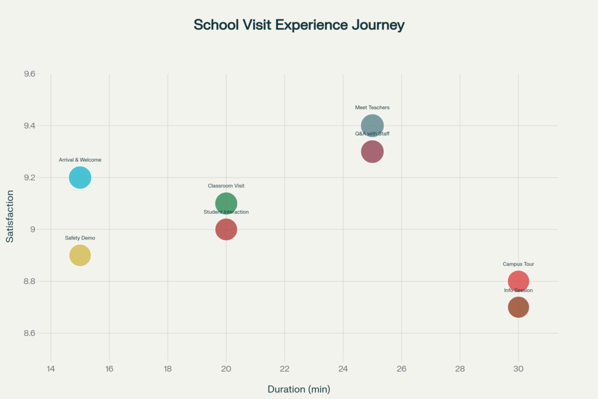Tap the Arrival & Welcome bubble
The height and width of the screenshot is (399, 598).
(x=80, y=178)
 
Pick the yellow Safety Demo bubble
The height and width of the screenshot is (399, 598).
(x=80, y=255)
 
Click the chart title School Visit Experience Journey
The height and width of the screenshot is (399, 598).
(x=299, y=25)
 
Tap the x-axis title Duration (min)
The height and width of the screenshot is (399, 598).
(x=299, y=389)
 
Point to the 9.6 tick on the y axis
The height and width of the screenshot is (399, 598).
(x=29, y=74)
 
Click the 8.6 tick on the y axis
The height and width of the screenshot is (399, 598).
(x=29, y=333)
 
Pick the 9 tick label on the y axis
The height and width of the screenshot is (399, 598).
(x=32, y=230)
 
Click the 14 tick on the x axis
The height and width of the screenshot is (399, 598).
(x=51, y=369)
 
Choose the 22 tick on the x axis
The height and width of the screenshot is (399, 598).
(x=284, y=369)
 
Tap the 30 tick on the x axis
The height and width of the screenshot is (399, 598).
(x=518, y=369)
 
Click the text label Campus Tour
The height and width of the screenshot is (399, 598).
(x=518, y=264)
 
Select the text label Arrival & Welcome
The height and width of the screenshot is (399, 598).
(x=80, y=160)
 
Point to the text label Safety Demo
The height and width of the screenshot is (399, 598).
(x=80, y=238)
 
